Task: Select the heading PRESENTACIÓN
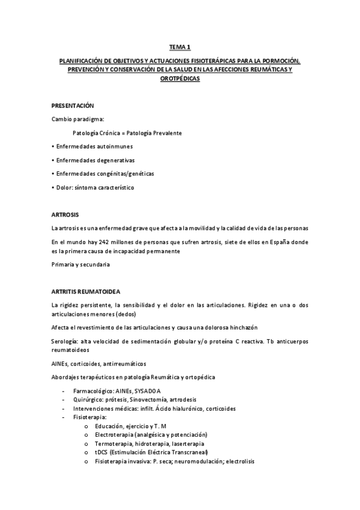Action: tap(73, 105)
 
